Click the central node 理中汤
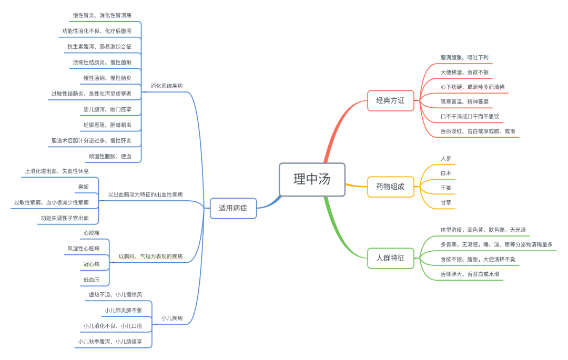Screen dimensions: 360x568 click(x=312, y=179)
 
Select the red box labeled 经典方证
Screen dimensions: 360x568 click(x=390, y=100)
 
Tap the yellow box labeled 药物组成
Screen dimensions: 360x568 click(x=390, y=187)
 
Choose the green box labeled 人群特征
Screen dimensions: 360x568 click(x=390, y=258)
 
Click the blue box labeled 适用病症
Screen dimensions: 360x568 click(x=233, y=208)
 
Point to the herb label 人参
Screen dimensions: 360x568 click(x=445, y=158)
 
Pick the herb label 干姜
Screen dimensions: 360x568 click(x=445, y=188)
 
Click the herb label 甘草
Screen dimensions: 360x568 click(x=445, y=202)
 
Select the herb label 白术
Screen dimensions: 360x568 click(x=445, y=173)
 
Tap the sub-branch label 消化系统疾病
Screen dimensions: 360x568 click(x=167, y=86)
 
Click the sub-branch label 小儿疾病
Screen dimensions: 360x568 click(x=172, y=318)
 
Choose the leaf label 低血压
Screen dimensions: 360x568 click(x=91, y=280)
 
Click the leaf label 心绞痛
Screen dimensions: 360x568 click(x=91, y=232)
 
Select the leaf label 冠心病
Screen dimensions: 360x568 click(x=91, y=264)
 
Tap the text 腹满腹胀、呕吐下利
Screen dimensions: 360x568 click(x=465, y=57)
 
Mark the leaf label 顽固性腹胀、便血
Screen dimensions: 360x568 click(x=110, y=156)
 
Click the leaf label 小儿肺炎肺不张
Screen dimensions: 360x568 click(x=123, y=310)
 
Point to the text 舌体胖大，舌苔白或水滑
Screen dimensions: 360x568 click(x=470, y=274)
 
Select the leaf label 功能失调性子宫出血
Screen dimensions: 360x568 click(x=65, y=218)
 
